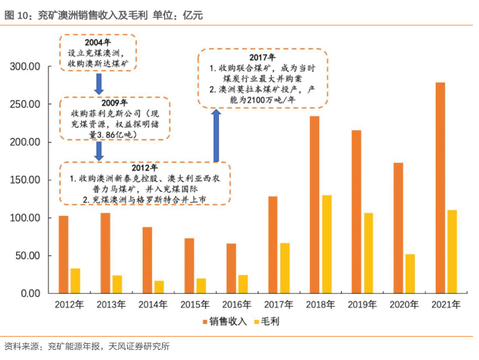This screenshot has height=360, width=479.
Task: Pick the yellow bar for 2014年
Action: coord(159,287)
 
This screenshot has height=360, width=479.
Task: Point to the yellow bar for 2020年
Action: coord(410,274)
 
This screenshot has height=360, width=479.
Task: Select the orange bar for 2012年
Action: coord(63,254)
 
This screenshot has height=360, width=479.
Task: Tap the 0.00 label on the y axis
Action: coord(29,294)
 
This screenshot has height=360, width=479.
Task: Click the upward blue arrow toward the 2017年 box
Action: coord(217,134)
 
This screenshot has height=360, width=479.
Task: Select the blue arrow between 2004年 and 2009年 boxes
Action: coord(99,82)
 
